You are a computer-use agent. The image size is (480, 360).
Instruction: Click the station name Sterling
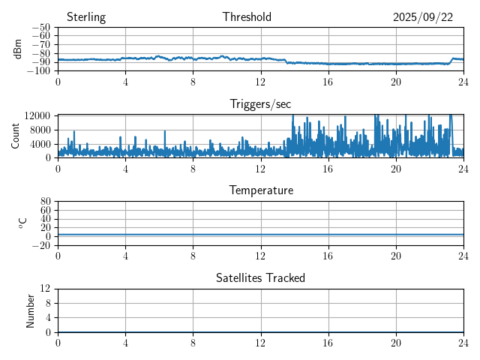pyautogui.click(x=86, y=17)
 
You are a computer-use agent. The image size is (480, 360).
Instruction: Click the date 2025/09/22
pyautogui.click(x=423, y=17)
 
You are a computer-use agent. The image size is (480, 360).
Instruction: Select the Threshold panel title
pyautogui.click(x=247, y=17)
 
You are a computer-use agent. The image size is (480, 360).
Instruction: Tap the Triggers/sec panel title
pyautogui.click(x=260, y=104)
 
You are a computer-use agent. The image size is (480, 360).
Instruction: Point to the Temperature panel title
pyautogui.click(x=260, y=190)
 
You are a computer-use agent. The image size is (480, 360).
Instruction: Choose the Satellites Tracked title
pyautogui.click(x=260, y=277)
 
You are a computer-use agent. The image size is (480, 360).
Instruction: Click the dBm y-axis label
pyautogui.click(x=18, y=49)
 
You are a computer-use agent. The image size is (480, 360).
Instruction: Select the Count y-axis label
pyautogui.click(x=16, y=136)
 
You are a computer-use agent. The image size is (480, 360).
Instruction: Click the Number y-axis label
pyautogui.click(x=31, y=310)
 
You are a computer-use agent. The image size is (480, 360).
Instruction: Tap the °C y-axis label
pyautogui.click(x=22, y=223)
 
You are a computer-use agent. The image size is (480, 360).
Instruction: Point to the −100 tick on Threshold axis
pyautogui.click(x=39, y=71)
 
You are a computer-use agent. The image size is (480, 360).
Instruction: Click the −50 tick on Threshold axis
pyautogui.click(x=42, y=28)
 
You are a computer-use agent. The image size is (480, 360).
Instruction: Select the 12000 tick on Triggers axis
pyautogui.click(x=37, y=115)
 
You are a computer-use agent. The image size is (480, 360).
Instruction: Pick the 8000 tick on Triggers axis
pyautogui.click(x=40, y=129)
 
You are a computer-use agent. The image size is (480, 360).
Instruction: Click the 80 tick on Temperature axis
pyautogui.click(x=46, y=202)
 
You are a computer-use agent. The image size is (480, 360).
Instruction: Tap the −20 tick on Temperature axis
pyautogui.click(x=42, y=245)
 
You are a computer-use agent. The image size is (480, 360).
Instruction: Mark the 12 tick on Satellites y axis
pyautogui.click(x=46, y=289)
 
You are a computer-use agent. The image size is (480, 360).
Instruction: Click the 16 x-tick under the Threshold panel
pyautogui.click(x=328, y=82)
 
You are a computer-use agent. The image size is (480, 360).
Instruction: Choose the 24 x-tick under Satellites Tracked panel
pyautogui.click(x=463, y=343)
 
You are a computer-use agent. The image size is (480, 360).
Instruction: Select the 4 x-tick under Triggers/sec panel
pyautogui.click(x=125, y=169)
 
